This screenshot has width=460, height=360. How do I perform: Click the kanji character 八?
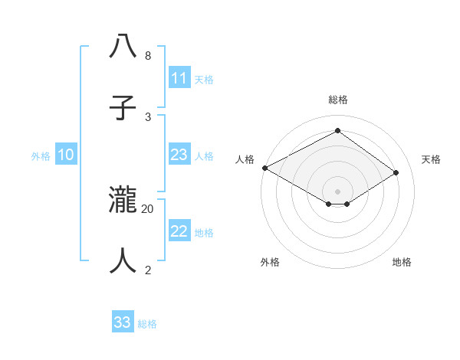123,47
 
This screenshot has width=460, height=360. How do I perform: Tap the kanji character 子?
123,107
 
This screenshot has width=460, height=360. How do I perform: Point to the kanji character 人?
123,262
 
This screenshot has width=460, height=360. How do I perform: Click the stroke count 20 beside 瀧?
148,208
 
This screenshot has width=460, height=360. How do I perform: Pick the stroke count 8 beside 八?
148,56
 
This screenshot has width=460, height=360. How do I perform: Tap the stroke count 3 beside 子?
148,116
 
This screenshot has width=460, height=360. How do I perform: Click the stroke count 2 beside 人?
148,270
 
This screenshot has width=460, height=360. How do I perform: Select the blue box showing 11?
179,78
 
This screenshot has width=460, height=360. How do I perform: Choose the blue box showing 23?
179,155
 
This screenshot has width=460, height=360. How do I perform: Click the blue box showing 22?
179,231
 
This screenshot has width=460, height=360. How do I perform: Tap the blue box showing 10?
66,155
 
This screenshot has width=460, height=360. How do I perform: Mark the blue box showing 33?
123,322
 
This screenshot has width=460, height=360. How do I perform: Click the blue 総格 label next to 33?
147,324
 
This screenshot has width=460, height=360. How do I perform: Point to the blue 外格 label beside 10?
41,156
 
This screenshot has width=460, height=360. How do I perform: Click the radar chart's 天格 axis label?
431,159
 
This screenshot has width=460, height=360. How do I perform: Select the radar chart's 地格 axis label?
402,262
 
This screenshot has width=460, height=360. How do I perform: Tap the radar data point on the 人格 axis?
264,168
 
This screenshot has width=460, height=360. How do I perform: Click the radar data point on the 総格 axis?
337,130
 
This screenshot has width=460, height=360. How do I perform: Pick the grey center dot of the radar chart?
337,191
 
